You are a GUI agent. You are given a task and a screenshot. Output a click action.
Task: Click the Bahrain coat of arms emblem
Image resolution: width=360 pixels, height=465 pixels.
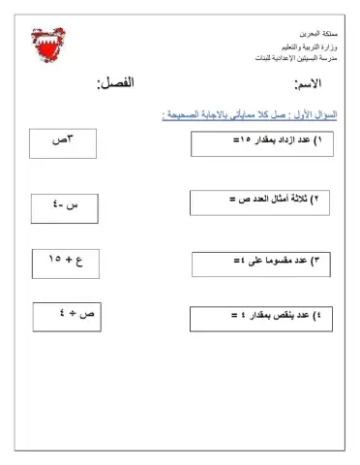pos(67,45)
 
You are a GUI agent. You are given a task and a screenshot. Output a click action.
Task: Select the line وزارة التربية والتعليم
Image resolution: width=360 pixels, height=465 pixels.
pos(296,46)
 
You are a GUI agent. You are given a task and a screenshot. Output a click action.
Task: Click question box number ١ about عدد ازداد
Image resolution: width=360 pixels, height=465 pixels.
pos(262,143)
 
